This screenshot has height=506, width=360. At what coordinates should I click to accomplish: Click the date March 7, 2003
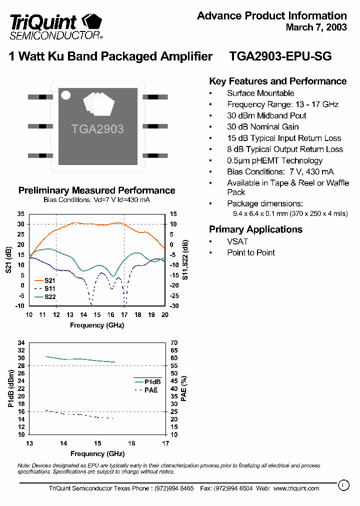[x=316, y=27]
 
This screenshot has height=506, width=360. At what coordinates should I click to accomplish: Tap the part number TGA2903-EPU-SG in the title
[x=280, y=56]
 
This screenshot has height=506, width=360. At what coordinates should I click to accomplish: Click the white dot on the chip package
[x=65, y=95]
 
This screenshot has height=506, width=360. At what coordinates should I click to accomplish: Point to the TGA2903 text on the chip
[x=97, y=129]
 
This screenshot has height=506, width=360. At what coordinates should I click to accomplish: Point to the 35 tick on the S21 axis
[x=20, y=214]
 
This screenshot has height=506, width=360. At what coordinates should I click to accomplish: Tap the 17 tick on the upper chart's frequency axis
[x=124, y=314]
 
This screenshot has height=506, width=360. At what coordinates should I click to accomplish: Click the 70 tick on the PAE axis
[x=174, y=343]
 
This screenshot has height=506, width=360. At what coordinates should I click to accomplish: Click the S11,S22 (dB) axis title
[x=185, y=259]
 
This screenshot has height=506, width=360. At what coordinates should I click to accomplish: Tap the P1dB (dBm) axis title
[x=10, y=388]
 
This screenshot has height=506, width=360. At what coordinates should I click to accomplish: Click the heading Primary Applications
[x=255, y=229]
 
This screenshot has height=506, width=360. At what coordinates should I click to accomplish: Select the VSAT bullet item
[x=237, y=241]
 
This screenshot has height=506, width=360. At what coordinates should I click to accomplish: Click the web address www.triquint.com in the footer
[x=296, y=488]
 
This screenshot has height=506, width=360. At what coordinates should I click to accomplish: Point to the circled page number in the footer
[x=343, y=484]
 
